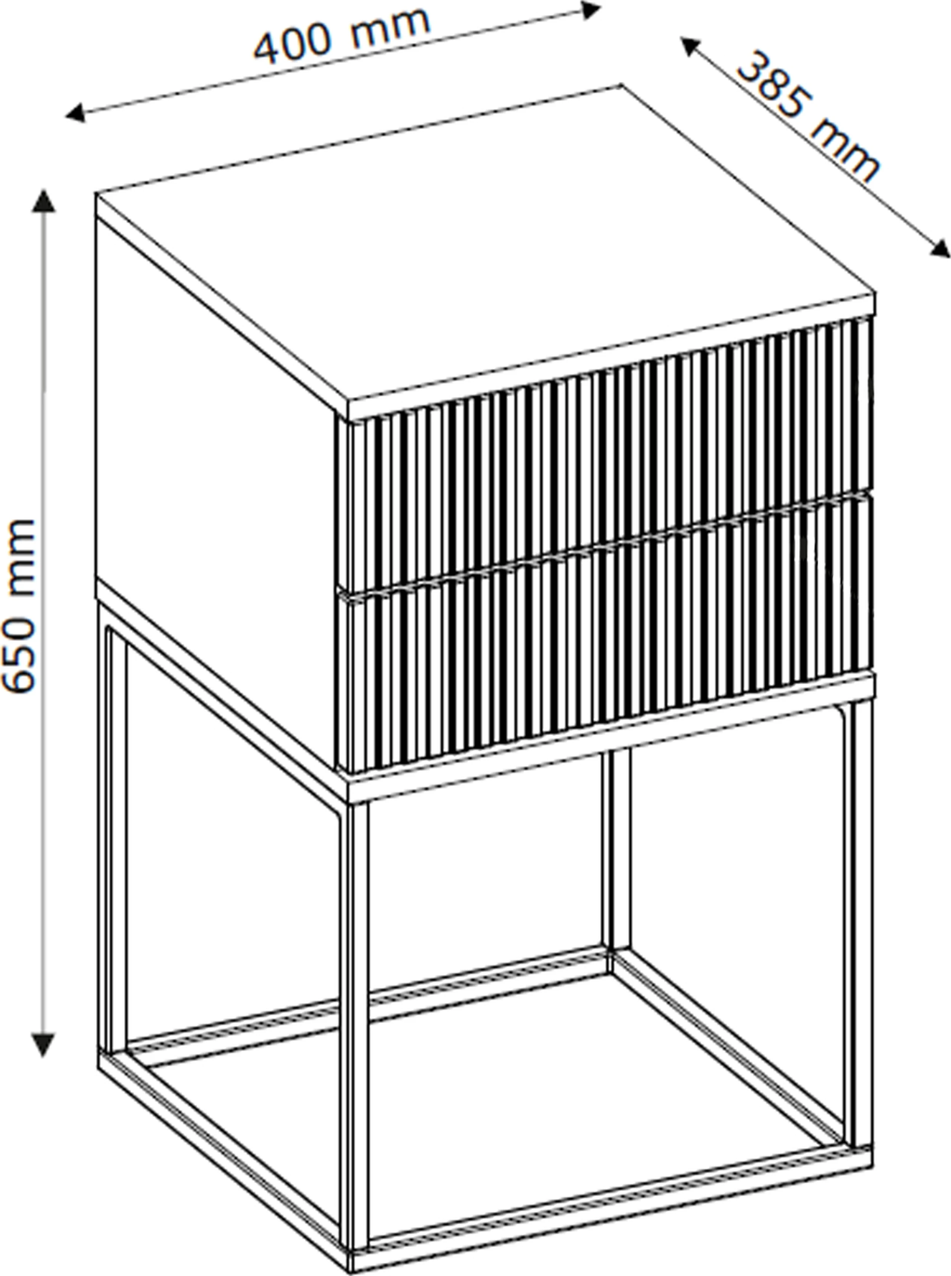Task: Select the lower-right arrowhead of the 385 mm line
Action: [939, 248]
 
